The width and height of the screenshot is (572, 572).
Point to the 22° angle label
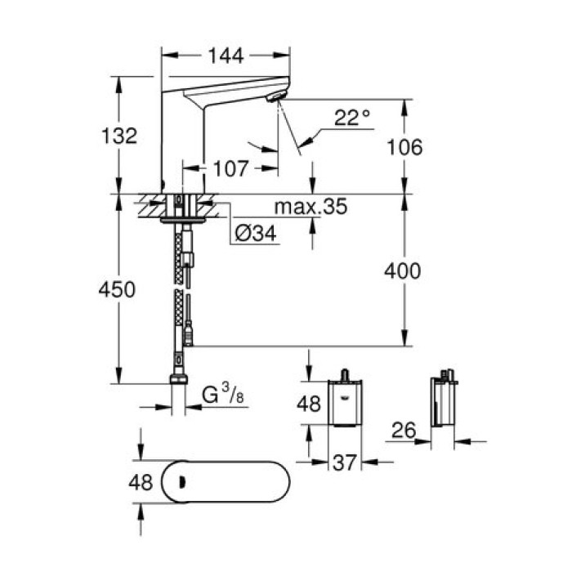(351, 119)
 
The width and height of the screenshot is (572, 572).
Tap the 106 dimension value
(405, 148)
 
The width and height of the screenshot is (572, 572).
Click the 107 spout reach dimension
(230, 169)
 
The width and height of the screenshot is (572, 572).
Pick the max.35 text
(311, 208)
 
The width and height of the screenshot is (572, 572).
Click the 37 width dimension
(346, 463)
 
